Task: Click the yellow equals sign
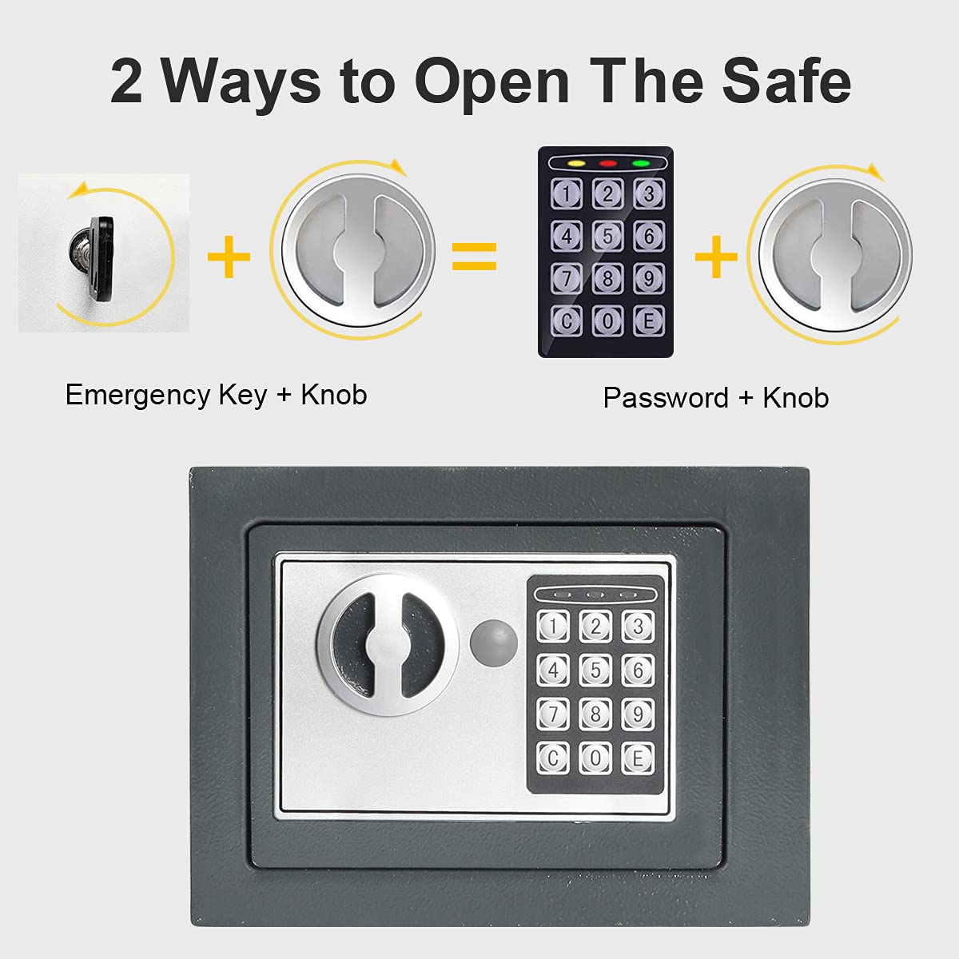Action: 475,256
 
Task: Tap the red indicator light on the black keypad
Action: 608,164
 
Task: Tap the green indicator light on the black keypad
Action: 641,164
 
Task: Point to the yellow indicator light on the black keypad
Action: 575,164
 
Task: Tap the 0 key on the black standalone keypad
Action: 607,320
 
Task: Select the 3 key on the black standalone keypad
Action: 649,194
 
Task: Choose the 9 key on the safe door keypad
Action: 637,714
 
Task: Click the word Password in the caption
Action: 665,398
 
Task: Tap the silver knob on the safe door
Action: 388,643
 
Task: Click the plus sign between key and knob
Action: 229,257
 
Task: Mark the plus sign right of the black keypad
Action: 716,257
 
